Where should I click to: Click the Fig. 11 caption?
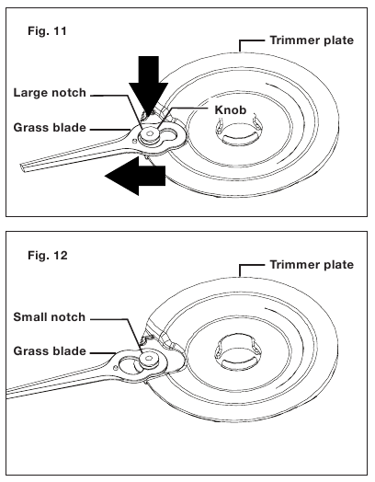47,31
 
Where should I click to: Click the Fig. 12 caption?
47,255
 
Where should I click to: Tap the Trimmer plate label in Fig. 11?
312,40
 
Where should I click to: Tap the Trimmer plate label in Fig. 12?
312,265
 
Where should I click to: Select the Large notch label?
50,93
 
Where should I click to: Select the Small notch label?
49,317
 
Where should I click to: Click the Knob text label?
231,109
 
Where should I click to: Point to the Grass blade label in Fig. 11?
50,128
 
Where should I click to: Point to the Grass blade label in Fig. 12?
50,351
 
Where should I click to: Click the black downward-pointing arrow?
148,86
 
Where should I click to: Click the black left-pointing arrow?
135,176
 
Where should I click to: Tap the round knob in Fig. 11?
150,134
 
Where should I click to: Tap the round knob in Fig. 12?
149,359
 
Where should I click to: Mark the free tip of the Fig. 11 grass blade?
21,167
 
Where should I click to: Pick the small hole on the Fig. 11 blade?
134,141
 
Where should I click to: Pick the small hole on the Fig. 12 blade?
115,367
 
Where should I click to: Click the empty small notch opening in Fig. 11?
170,134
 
